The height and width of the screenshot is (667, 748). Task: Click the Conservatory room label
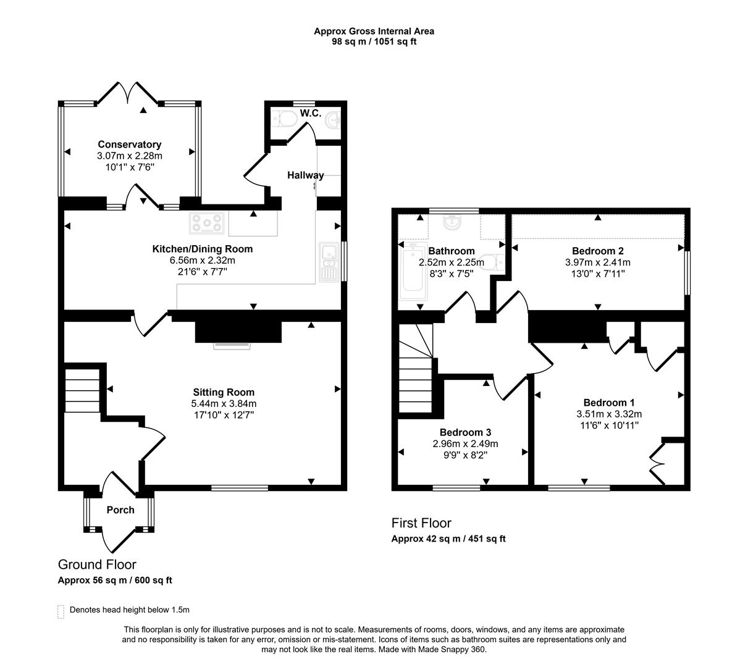click(x=129, y=145)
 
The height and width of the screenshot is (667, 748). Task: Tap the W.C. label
click(x=311, y=113)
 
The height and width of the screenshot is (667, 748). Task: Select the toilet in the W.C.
click(x=284, y=119)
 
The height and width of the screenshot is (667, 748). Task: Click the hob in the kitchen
click(x=207, y=223)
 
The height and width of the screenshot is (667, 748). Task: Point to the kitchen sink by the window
click(x=329, y=262)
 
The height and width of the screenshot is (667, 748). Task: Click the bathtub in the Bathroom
click(x=413, y=271)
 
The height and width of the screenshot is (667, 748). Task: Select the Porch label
click(x=120, y=510)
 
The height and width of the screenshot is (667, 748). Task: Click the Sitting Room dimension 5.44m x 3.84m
click(x=224, y=403)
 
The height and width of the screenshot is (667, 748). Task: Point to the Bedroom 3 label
click(x=465, y=432)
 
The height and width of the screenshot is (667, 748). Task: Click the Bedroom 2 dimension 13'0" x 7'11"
click(x=598, y=274)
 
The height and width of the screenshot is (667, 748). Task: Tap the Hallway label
click(x=306, y=175)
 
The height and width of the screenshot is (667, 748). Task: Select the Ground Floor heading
click(x=97, y=564)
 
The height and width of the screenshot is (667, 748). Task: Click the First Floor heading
click(x=421, y=523)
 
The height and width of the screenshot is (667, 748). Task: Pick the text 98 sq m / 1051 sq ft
click(x=374, y=41)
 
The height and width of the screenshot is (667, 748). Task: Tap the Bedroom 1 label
click(x=609, y=402)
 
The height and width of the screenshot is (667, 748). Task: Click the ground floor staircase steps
click(x=82, y=390)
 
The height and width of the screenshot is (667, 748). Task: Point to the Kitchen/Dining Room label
click(x=203, y=249)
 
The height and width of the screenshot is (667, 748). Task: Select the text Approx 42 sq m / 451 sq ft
click(x=448, y=539)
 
